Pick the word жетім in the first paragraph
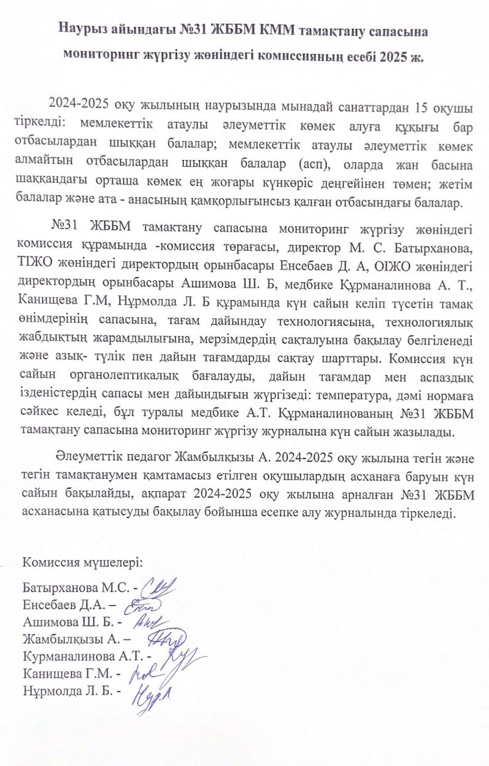pos(458,185)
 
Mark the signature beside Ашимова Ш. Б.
pos(145,622)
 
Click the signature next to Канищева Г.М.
pos(141,674)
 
